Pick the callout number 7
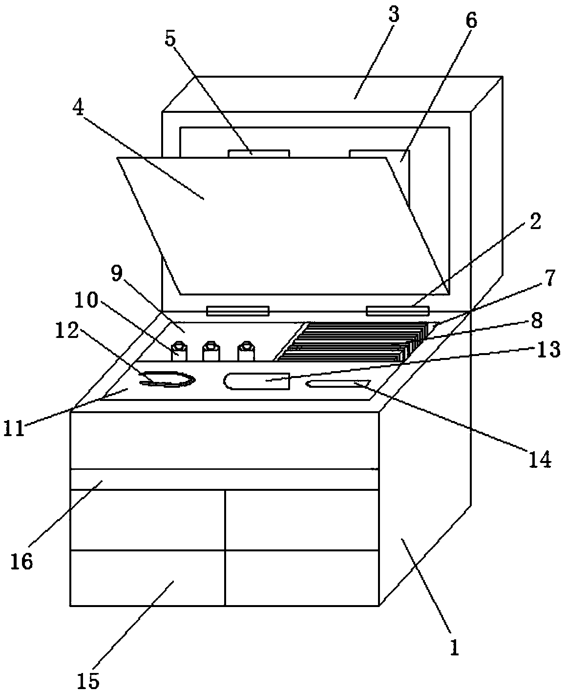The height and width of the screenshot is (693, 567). (x=549, y=278)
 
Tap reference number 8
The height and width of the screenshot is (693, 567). (x=536, y=321)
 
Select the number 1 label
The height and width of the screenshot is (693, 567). (x=455, y=648)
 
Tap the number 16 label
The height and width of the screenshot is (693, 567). (x=22, y=561)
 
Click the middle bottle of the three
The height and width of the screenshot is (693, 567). (x=210, y=352)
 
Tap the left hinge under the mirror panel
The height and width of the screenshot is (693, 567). (x=238, y=311)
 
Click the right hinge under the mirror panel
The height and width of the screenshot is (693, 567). (x=398, y=311)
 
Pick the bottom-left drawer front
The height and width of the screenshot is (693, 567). (x=147, y=578)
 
